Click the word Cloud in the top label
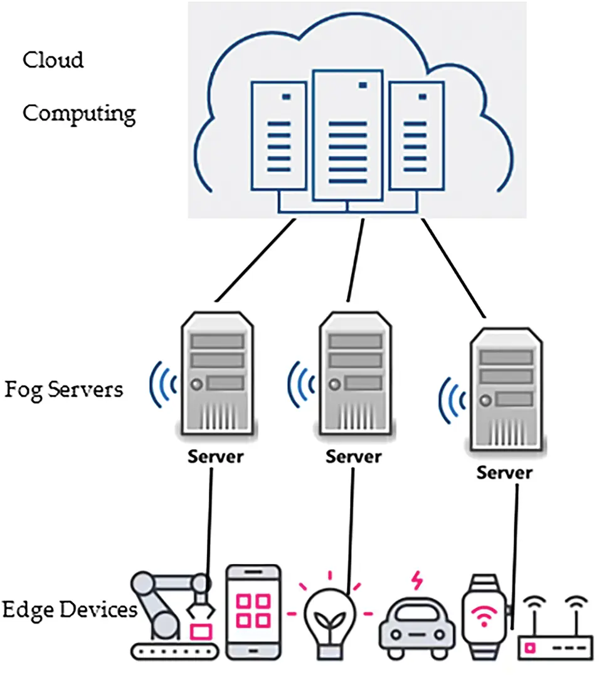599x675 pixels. [53, 60]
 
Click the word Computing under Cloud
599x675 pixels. [79, 114]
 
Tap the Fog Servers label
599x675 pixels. [64, 390]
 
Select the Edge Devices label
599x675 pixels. [69, 609]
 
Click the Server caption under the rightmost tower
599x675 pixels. [504, 472]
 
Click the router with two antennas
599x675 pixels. [555, 634]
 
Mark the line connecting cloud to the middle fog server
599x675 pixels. [356, 260]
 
